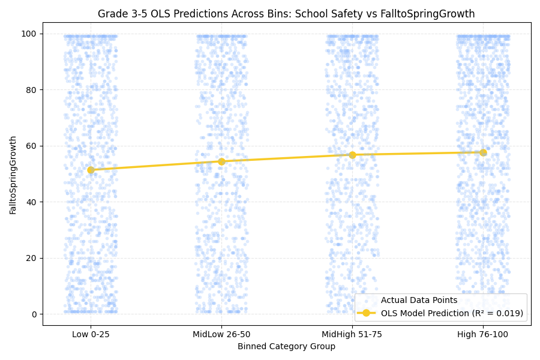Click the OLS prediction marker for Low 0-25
(x=91, y=170)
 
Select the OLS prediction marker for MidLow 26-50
(x=221, y=161)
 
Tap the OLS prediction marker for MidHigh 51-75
(x=352, y=155)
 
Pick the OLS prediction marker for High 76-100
(x=483, y=152)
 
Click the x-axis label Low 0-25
(x=91, y=335)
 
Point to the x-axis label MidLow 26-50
(x=221, y=335)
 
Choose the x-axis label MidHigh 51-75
(x=352, y=335)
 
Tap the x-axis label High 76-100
(x=483, y=335)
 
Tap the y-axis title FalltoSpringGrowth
(x=13, y=175)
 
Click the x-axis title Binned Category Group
(x=287, y=347)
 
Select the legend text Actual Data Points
(x=419, y=301)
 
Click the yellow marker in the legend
(x=367, y=313)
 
